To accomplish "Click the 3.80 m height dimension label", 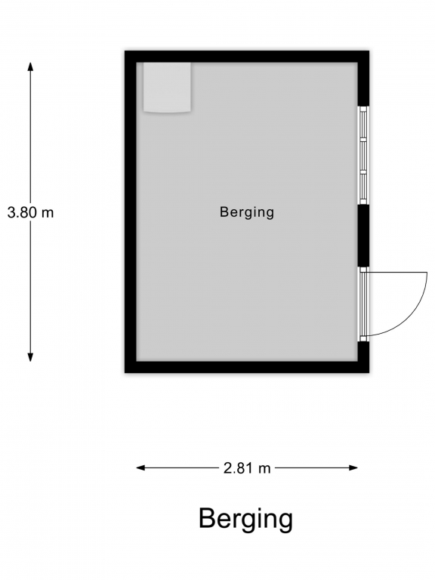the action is pos(31,213).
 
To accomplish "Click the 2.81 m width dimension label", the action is pos(247,468).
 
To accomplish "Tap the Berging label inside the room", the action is pos(247,212).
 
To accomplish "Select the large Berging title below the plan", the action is pos(245,520).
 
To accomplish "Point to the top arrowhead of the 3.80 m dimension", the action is pos(31,66).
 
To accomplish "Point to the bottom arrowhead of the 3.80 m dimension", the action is pos(31,357).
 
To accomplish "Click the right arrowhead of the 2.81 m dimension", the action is pos(353,468).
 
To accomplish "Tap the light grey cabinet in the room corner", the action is pos(167,88).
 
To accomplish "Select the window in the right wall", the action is pos(363,155).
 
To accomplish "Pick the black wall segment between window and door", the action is pos(363,236).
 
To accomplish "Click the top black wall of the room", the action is pos(247,57).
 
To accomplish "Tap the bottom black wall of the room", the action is pos(247,367).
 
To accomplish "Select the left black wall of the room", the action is pos(131,211).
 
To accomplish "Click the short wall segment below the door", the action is pos(363,351).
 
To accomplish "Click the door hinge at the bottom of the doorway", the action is pos(363,338).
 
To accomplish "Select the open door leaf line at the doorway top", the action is pos(398,272).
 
